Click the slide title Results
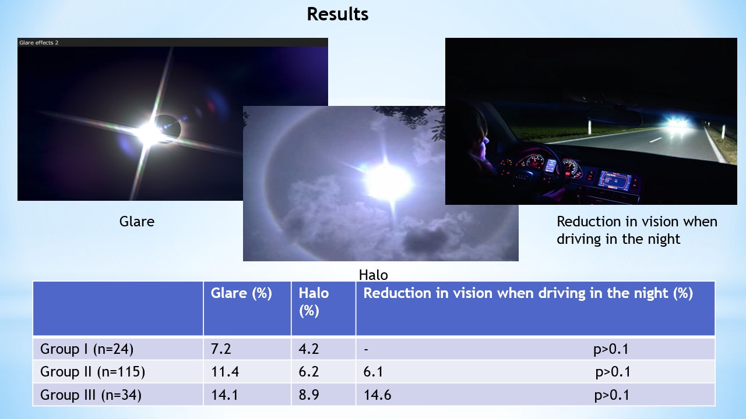337,15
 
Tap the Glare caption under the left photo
136,222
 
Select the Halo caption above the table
374,275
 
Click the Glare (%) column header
241,293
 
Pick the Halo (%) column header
314,302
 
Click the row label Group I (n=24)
87,349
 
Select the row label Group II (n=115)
93,371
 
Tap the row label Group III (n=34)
90,395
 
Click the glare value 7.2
221,349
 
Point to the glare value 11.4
225,371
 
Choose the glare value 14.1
224,395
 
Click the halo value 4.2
309,349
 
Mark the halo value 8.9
309,395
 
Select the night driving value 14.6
377,395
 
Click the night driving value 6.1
373,371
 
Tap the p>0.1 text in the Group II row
613,372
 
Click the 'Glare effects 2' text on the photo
38,42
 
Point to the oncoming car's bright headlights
677,123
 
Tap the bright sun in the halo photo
388,182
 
